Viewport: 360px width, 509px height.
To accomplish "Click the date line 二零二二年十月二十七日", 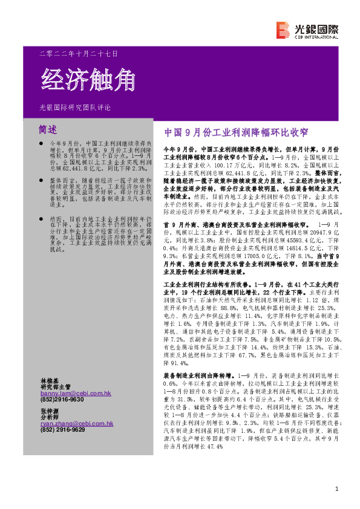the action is click(x=78, y=54).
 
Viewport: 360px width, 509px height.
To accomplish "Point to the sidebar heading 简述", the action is click(x=48, y=129).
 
